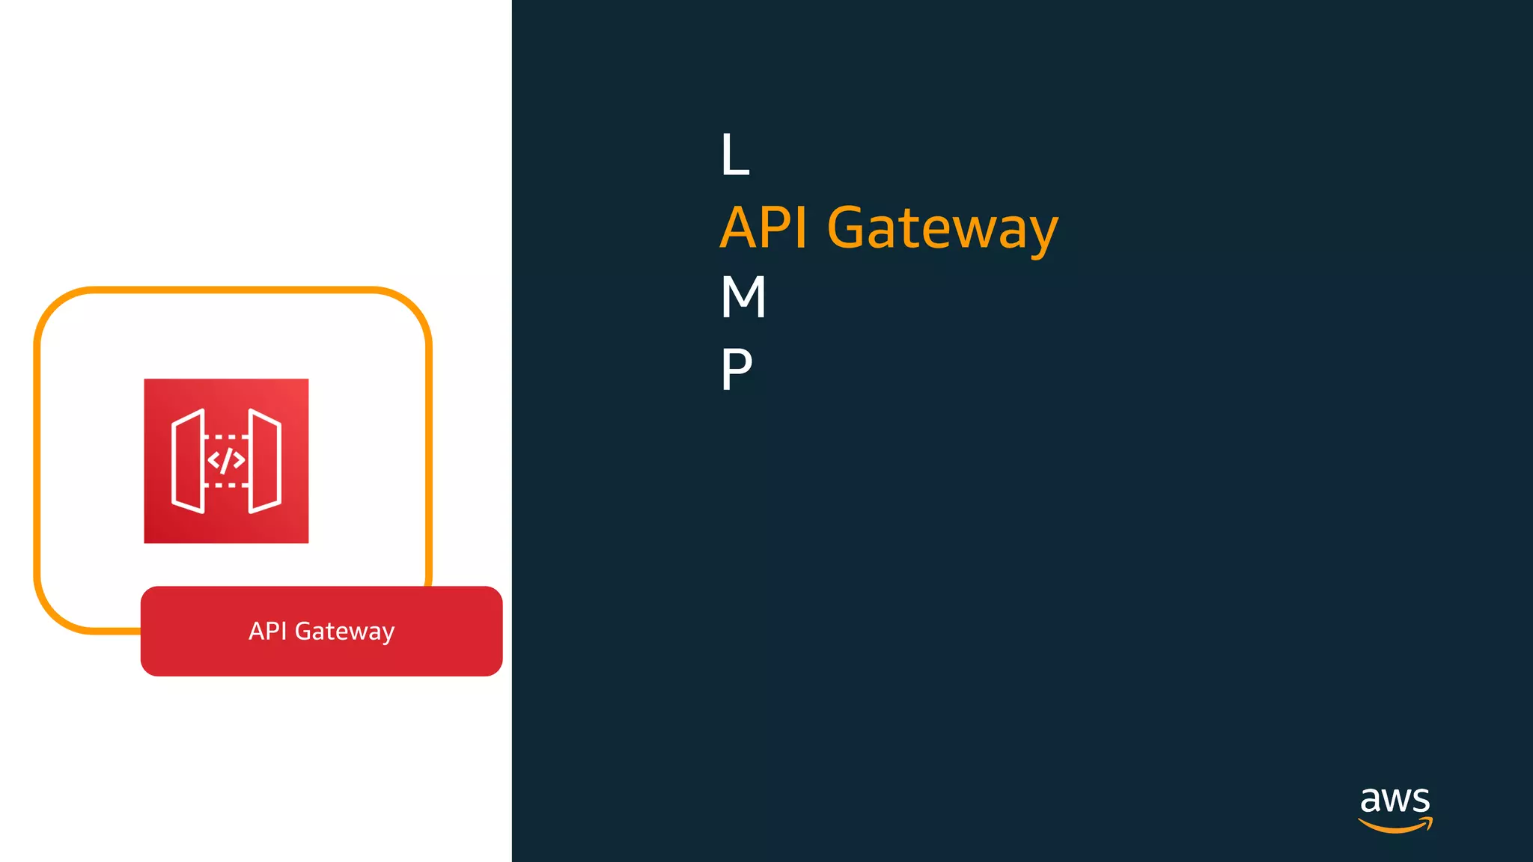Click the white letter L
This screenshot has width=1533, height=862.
click(x=734, y=155)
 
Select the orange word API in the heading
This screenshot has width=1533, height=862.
click(x=764, y=227)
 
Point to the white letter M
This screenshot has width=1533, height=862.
click(x=743, y=297)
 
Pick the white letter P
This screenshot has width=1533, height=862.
click(x=736, y=369)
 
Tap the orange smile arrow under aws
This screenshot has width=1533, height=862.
click(x=1395, y=826)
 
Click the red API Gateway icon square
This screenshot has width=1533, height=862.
click(x=226, y=461)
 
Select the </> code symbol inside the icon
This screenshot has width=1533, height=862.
click(x=226, y=460)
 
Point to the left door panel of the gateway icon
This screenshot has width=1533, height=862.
click(x=188, y=461)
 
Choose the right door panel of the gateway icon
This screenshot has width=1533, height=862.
click(x=265, y=461)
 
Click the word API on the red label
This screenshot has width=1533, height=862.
click(x=267, y=631)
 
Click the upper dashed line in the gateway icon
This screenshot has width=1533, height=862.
click(x=226, y=436)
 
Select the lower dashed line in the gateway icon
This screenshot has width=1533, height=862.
click(x=226, y=485)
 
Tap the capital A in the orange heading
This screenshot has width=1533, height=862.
click(x=740, y=227)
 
